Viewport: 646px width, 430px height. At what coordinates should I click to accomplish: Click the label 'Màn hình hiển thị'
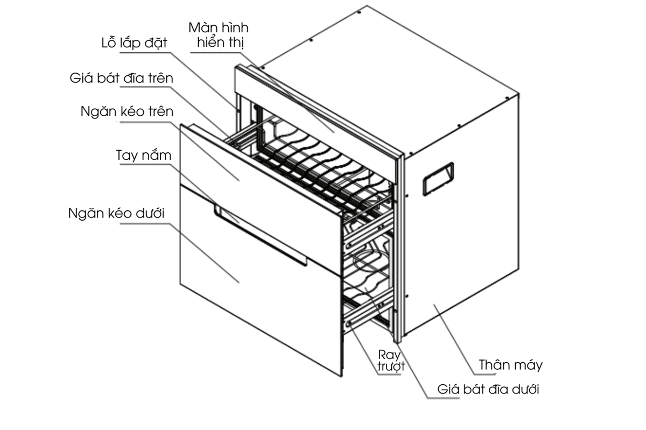click(218, 35)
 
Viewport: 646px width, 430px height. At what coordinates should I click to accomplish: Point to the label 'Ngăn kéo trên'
click(127, 112)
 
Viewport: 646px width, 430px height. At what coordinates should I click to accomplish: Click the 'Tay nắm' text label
click(144, 156)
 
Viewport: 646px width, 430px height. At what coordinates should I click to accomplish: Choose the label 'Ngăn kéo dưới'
click(116, 213)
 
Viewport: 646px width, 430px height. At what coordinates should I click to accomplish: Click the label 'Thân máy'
click(511, 365)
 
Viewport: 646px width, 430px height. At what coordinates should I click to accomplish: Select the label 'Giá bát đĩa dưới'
click(488, 389)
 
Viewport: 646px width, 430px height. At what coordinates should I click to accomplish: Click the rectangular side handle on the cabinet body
click(438, 178)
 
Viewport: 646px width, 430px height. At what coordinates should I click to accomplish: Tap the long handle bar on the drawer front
click(258, 237)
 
